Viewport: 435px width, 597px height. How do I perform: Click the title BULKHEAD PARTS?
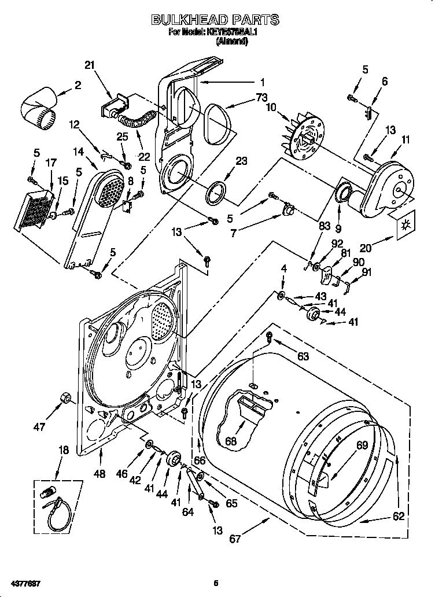215,20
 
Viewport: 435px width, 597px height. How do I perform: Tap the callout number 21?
89,65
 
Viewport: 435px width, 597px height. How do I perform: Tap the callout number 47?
39,428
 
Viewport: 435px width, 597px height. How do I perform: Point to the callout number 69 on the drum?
362,445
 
